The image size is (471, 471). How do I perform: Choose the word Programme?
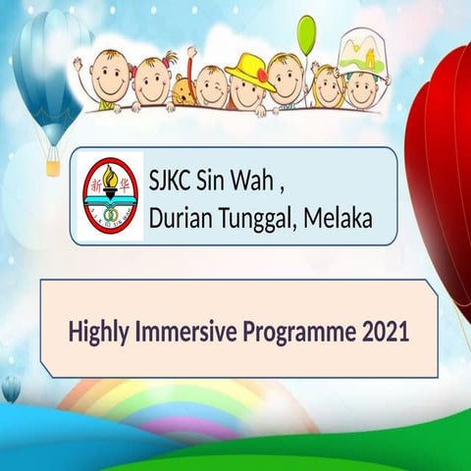pos(296,331)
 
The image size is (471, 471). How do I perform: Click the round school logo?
pos(110,197)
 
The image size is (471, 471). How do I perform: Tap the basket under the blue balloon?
pos(53,167)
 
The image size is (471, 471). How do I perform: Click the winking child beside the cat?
pos(211,86)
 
